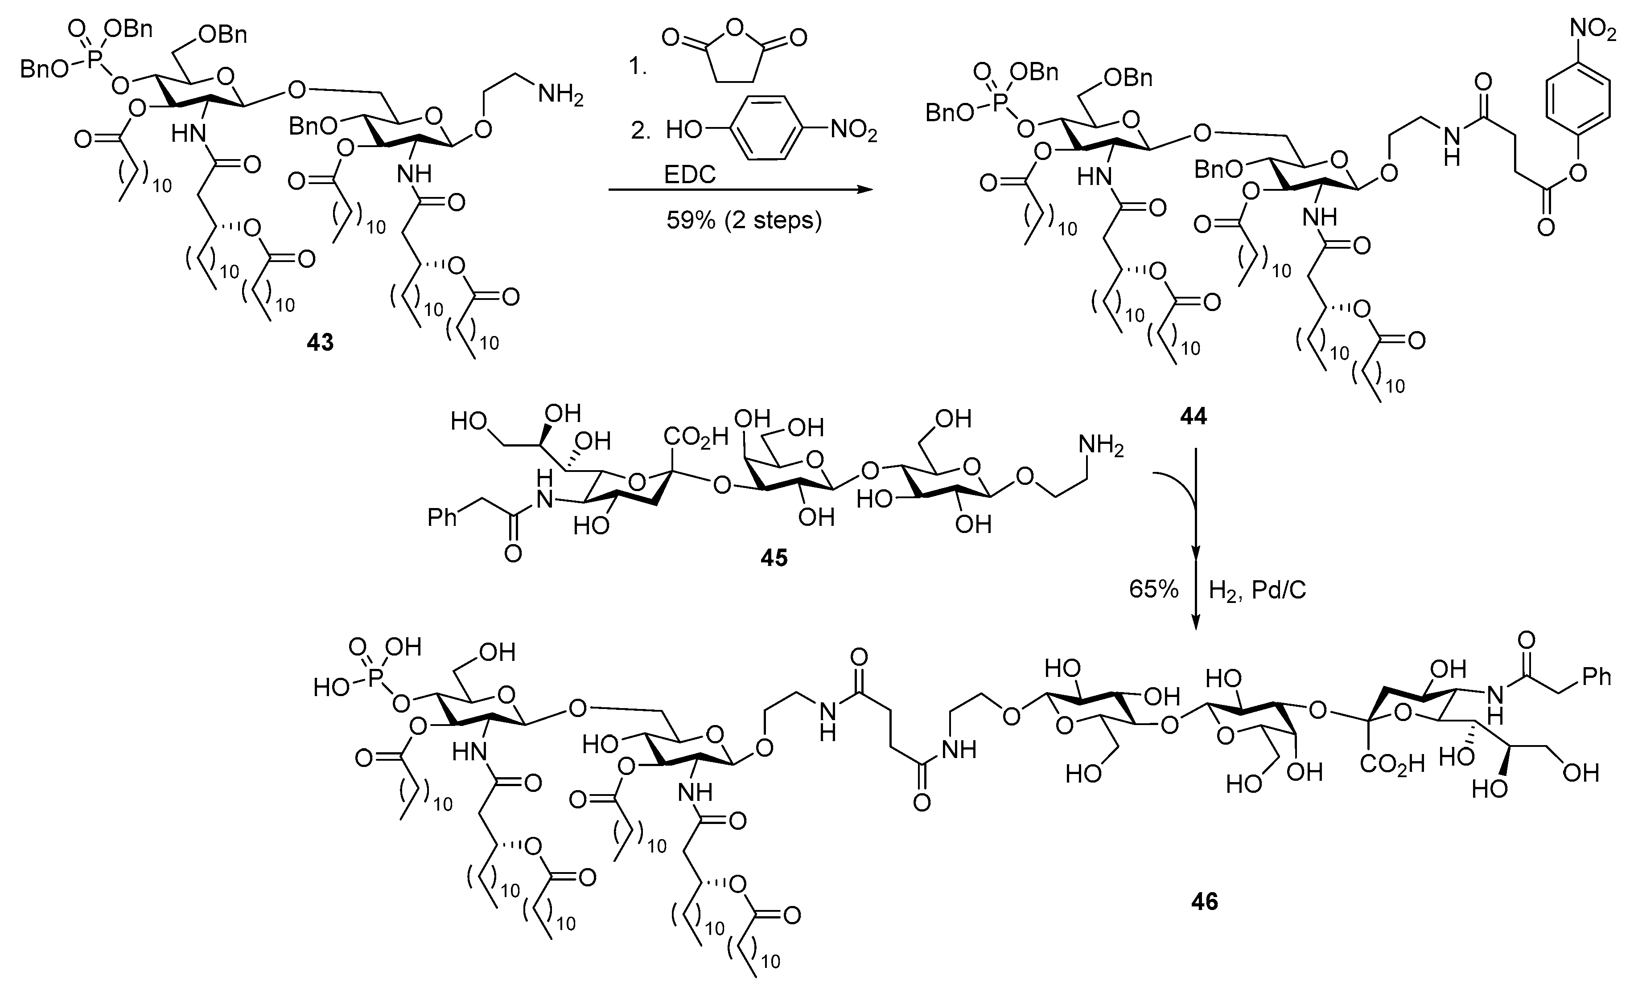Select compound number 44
click(1193, 417)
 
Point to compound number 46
click(1205, 902)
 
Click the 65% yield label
click(1153, 590)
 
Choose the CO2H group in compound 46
click(1392, 764)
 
